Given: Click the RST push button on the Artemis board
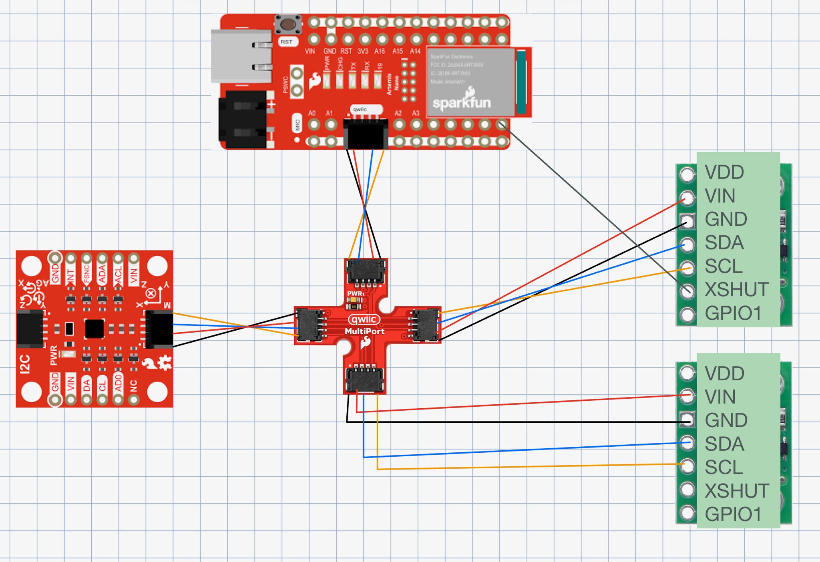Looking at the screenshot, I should click(288, 24).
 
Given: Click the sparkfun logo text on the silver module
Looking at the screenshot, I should click(461, 103).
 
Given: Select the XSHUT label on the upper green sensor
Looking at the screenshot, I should click(736, 289).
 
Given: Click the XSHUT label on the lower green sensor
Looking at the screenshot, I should click(736, 491).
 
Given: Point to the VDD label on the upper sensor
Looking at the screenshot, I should click(724, 173).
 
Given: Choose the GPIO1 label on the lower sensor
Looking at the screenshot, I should click(733, 514).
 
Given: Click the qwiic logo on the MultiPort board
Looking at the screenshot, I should click(364, 319).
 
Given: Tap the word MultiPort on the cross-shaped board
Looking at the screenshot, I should click(364, 331).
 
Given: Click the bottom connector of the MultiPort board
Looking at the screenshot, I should click(365, 379).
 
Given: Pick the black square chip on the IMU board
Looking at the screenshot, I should click(94, 329).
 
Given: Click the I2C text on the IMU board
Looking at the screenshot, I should click(25, 364).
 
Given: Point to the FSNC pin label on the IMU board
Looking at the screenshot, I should click(86, 274).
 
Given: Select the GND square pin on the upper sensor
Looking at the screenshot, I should click(687, 221).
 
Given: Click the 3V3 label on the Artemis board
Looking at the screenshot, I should click(363, 51).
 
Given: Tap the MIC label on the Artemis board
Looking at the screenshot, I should click(297, 125).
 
